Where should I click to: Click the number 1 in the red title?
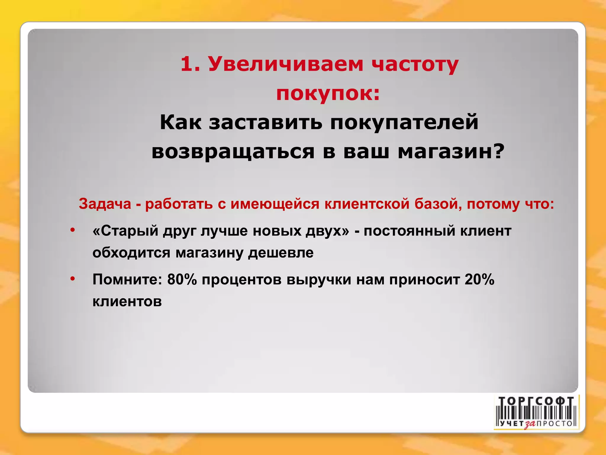186,64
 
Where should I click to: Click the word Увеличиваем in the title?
286,64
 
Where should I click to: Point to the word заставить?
265,122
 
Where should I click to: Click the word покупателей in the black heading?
404,122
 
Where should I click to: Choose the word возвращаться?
233,151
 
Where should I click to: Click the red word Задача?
105,204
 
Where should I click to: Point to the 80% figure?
182,279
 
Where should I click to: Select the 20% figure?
479,279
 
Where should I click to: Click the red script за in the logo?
530,424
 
